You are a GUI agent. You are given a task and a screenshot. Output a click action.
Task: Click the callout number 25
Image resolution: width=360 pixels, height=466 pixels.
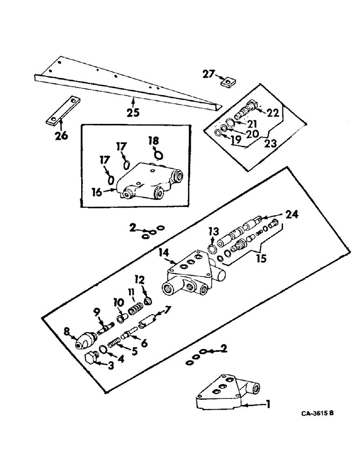click(x=132, y=112)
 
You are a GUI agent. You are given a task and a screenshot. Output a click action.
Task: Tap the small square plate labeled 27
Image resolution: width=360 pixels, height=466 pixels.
click(x=228, y=83)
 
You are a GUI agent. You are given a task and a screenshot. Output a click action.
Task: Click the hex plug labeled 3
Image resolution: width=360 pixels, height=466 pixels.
click(x=92, y=358)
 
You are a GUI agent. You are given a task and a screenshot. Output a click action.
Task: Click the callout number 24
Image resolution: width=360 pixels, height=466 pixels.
click(x=291, y=215)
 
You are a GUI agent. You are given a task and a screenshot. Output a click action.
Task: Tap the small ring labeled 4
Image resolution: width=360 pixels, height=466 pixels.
click(x=104, y=350)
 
